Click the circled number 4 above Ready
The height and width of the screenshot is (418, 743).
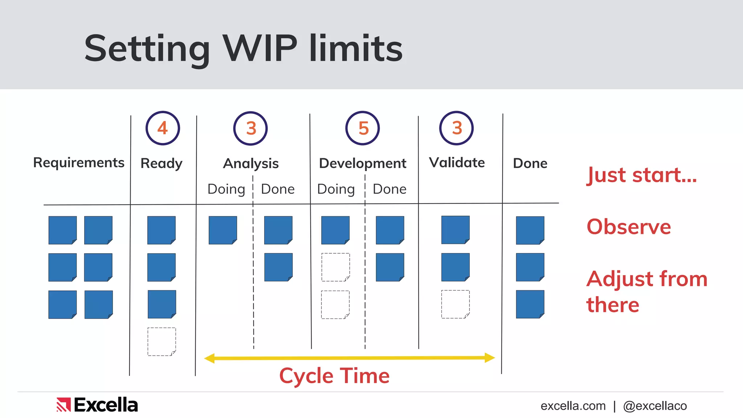(x=163, y=128)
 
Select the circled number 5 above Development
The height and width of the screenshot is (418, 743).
(x=362, y=128)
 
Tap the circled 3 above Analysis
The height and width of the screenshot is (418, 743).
(x=250, y=128)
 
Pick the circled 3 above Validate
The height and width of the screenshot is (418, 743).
(x=456, y=128)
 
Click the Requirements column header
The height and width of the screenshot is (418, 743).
(x=79, y=163)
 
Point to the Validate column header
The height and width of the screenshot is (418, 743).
(x=457, y=163)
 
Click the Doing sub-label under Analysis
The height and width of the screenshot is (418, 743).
(x=226, y=189)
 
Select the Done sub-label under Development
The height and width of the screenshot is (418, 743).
(x=390, y=189)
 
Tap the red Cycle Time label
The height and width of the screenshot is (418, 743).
(x=334, y=376)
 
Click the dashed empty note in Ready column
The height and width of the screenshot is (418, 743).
(x=162, y=341)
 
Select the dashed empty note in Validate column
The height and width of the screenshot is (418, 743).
(x=455, y=304)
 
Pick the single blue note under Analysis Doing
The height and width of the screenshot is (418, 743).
(x=223, y=230)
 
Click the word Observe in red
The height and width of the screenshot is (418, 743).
(x=629, y=227)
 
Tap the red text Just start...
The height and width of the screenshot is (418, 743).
(x=641, y=175)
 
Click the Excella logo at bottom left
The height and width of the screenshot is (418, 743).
(x=97, y=405)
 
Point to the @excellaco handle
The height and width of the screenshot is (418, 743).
(x=655, y=406)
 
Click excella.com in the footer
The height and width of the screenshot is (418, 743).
(x=573, y=406)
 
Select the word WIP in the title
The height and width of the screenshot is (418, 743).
(x=260, y=48)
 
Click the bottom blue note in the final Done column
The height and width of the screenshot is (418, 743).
(x=530, y=304)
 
